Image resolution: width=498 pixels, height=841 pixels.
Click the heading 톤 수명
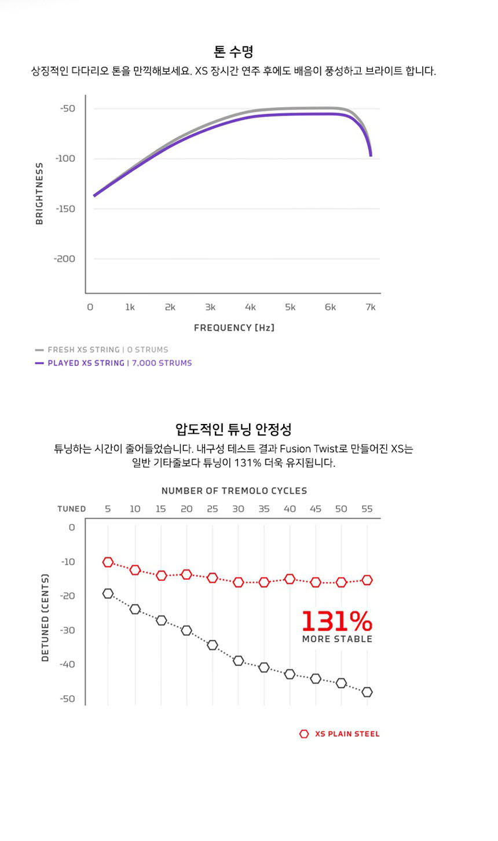234,52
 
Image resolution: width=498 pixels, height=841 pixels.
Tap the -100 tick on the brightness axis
65,159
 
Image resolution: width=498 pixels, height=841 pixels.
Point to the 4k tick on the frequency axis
250,308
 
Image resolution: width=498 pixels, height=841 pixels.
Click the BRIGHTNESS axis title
39,193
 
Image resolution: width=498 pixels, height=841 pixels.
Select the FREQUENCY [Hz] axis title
234,328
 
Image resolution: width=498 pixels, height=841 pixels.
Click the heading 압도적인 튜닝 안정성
233,429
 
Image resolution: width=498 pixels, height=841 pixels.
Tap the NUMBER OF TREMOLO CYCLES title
234,491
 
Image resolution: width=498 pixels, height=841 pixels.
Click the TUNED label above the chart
72,509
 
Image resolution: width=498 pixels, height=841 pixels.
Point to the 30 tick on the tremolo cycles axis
238,509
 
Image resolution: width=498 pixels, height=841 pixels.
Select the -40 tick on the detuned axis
68,664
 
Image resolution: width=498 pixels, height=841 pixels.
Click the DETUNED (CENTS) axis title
45,617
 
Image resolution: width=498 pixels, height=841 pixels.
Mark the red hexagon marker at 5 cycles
108,562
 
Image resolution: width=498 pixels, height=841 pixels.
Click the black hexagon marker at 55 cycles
367,692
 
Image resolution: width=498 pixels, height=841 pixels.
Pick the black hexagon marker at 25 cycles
213,645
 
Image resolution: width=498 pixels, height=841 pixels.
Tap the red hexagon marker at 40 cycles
290,579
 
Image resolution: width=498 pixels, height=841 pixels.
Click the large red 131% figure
336,621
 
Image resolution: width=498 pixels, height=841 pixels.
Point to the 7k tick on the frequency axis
371,308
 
